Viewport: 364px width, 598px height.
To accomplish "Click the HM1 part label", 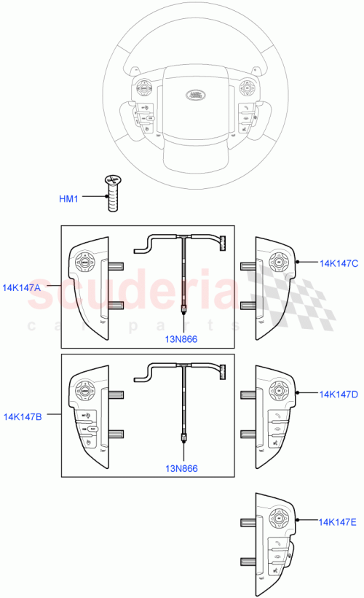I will pyautogui.click(x=68, y=198).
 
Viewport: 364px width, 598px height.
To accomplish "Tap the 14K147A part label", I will pyautogui.click(x=22, y=288).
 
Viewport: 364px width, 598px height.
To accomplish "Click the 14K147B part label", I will pyautogui.click(x=22, y=417).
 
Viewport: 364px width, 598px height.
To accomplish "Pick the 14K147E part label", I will pyautogui.click(x=338, y=522).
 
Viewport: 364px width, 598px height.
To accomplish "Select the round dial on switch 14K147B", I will pyautogui.click(x=85, y=392).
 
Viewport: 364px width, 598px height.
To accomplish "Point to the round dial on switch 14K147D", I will pyautogui.click(x=278, y=392).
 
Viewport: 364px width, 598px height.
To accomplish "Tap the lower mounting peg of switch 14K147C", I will pyautogui.click(x=247, y=304).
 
